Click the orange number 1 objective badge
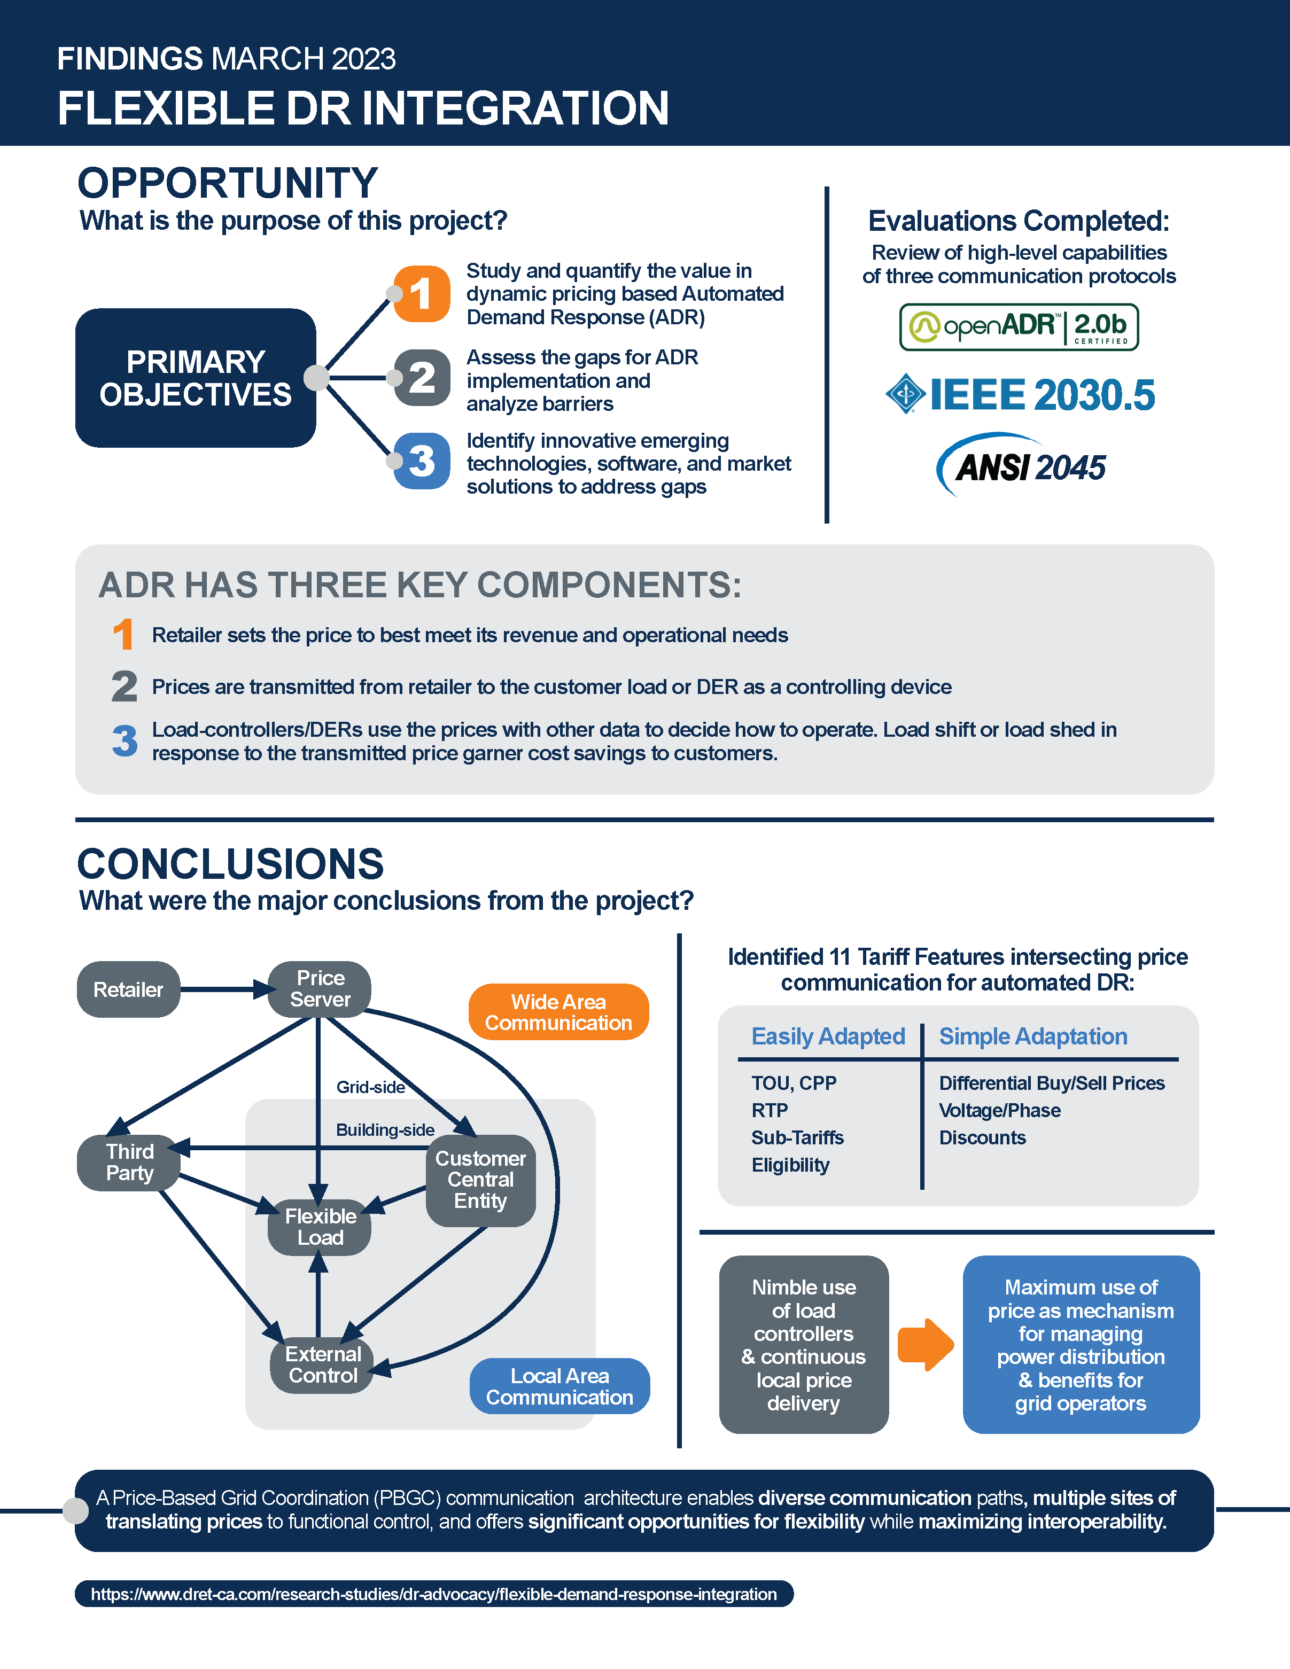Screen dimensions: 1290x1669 click(421, 293)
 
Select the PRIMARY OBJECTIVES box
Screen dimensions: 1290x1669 click(196, 378)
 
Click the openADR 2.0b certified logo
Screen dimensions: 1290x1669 click(1019, 327)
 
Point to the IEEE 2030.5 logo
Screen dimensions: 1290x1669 click(1020, 394)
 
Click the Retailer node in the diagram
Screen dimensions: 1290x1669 click(128, 989)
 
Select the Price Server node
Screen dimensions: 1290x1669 click(320, 989)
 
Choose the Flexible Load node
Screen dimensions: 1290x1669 click(320, 1227)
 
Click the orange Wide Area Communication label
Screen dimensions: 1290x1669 click(558, 1012)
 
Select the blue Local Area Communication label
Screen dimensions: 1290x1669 click(559, 1386)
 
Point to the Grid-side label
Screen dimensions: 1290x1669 click(371, 1087)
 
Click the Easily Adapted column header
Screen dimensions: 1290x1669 click(828, 1036)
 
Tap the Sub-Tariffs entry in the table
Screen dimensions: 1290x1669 click(797, 1138)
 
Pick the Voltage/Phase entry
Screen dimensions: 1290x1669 click(1000, 1110)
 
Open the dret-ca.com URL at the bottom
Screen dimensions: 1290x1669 click(434, 1594)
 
